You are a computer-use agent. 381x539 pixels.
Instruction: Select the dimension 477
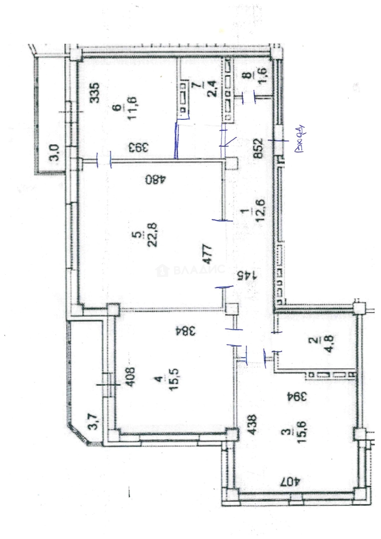coord(208,254)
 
